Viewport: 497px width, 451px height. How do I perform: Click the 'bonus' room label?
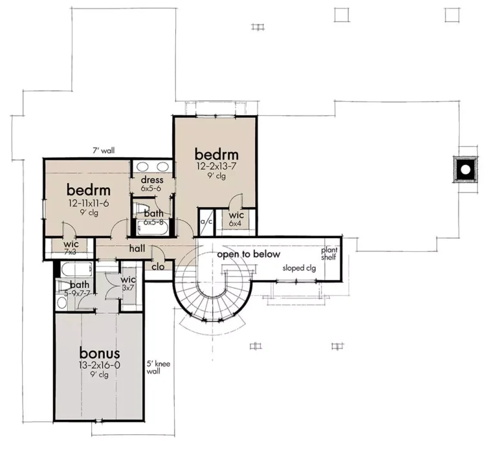point(100,353)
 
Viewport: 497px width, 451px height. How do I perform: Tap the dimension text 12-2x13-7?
point(217,166)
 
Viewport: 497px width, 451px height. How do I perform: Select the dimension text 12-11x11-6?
point(89,203)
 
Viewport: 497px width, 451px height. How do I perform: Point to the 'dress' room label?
point(152,180)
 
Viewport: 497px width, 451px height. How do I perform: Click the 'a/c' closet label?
point(206,221)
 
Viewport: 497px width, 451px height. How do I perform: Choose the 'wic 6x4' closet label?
point(236,219)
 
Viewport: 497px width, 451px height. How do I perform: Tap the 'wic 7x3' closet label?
point(71,248)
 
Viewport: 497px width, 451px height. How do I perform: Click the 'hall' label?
point(137,248)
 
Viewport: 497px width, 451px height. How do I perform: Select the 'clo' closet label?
point(158,267)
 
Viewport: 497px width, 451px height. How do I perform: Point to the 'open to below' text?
point(248,254)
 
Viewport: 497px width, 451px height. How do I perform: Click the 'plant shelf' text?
point(329,254)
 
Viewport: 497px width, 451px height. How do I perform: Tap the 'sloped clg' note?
point(299,268)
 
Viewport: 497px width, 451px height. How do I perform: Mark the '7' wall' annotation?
point(104,151)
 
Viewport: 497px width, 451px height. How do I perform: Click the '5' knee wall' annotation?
point(158,368)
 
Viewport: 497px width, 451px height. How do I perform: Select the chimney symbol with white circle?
point(465,170)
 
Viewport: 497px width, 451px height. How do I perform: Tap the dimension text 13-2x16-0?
point(100,366)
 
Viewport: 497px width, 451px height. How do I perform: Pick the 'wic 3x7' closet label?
point(128,283)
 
